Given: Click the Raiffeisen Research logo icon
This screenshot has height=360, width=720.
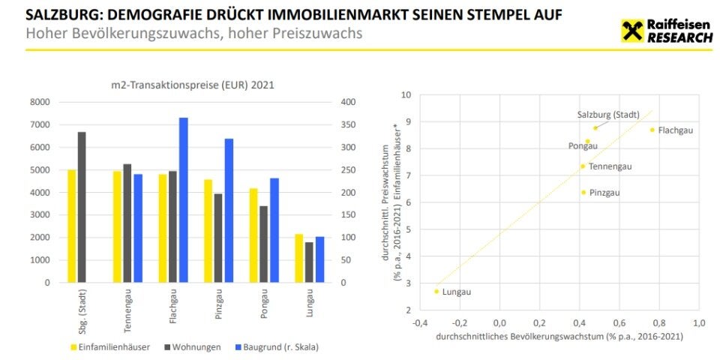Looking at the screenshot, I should (632, 31).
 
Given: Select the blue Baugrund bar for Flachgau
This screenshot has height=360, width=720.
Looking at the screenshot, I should (183, 200).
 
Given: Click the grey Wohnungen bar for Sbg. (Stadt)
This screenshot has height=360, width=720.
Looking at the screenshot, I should (81, 207).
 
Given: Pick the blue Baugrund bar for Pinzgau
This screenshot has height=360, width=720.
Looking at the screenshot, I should (228, 211).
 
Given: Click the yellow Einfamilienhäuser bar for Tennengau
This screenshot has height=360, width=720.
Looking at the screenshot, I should (116, 226).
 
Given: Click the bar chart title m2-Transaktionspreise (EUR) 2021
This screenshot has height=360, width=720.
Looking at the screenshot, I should (187, 85).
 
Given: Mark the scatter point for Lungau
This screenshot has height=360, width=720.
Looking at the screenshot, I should (436, 291).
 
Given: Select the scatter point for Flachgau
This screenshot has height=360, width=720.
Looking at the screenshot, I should (652, 130).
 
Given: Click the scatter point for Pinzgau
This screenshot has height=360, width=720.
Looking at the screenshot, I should (583, 192).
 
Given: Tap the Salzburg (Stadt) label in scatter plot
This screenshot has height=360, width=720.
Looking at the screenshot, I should (607, 115).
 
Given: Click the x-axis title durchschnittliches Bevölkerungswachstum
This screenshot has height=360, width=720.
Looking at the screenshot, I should (559, 337).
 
